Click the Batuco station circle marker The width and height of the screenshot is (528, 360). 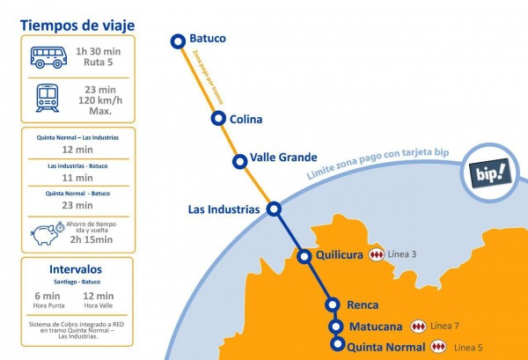pyautogui.click(x=178, y=40)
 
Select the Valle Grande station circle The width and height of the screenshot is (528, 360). pyautogui.click(x=239, y=161)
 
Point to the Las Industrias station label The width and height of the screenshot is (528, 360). pyautogui.click(x=224, y=209)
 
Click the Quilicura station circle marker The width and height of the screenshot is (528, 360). pyautogui.click(x=304, y=257)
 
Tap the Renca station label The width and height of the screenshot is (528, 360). pyautogui.click(x=363, y=305)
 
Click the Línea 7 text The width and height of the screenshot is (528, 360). pyautogui.click(x=444, y=326)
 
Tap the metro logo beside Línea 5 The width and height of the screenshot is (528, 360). pyautogui.click(x=437, y=347)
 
